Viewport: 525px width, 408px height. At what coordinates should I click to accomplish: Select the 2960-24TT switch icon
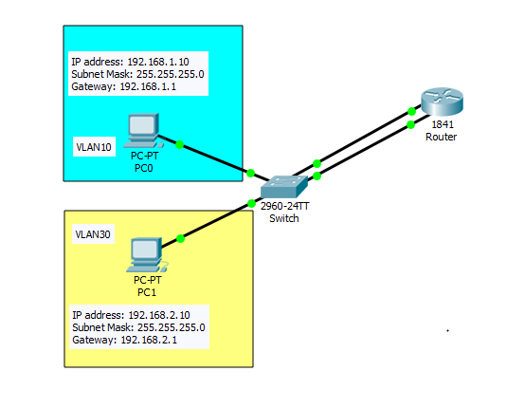point(283,186)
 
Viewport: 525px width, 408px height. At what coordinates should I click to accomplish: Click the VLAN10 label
point(94,148)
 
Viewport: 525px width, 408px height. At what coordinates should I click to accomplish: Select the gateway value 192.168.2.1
point(149,339)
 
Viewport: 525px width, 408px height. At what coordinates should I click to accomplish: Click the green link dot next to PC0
point(179,146)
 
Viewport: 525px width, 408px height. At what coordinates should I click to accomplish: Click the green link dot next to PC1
point(180,238)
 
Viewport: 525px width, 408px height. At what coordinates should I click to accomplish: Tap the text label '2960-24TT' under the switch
point(284,207)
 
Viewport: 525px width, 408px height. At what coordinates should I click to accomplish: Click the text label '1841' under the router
point(442,125)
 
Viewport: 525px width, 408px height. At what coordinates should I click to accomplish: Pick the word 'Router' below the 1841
point(442,138)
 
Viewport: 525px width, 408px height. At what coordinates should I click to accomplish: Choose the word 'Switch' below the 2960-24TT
point(284,219)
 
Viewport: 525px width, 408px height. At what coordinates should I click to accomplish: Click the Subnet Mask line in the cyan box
point(137,74)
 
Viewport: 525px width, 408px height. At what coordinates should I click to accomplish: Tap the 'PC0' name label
point(144,167)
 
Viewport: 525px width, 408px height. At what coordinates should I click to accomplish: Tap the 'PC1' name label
point(145,292)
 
